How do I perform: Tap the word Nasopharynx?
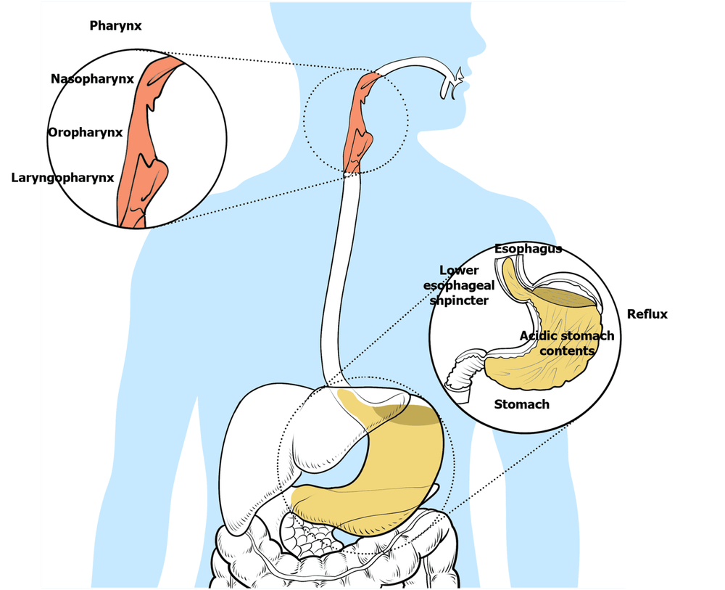(x=92, y=79)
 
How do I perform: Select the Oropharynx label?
(x=85, y=132)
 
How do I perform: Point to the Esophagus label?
(x=528, y=250)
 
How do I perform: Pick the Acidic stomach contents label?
(x=566, y=343)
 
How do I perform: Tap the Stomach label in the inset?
(x=521, y=404)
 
